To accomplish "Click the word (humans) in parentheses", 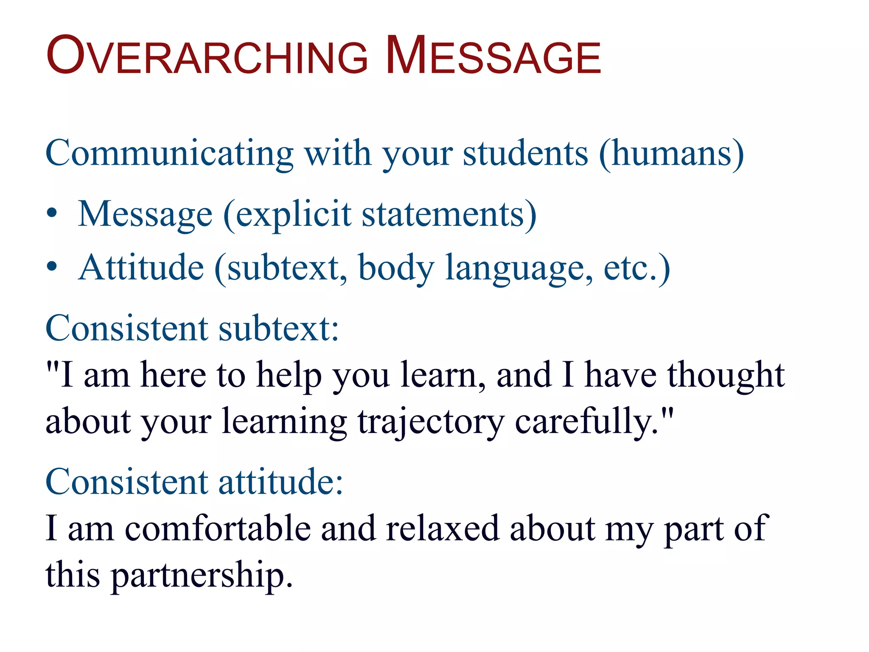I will [x=671, y=154].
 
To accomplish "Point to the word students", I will [x=525, y=154].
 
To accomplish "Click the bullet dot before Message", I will [x=52, y=214].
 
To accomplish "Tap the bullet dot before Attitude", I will [x=52, y=267].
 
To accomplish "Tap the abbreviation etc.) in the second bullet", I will [x=636, y=268].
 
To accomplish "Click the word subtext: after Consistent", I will [x=278, y=329].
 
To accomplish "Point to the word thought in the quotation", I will [x=726, y=376].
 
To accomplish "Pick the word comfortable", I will [x=218, y=528].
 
